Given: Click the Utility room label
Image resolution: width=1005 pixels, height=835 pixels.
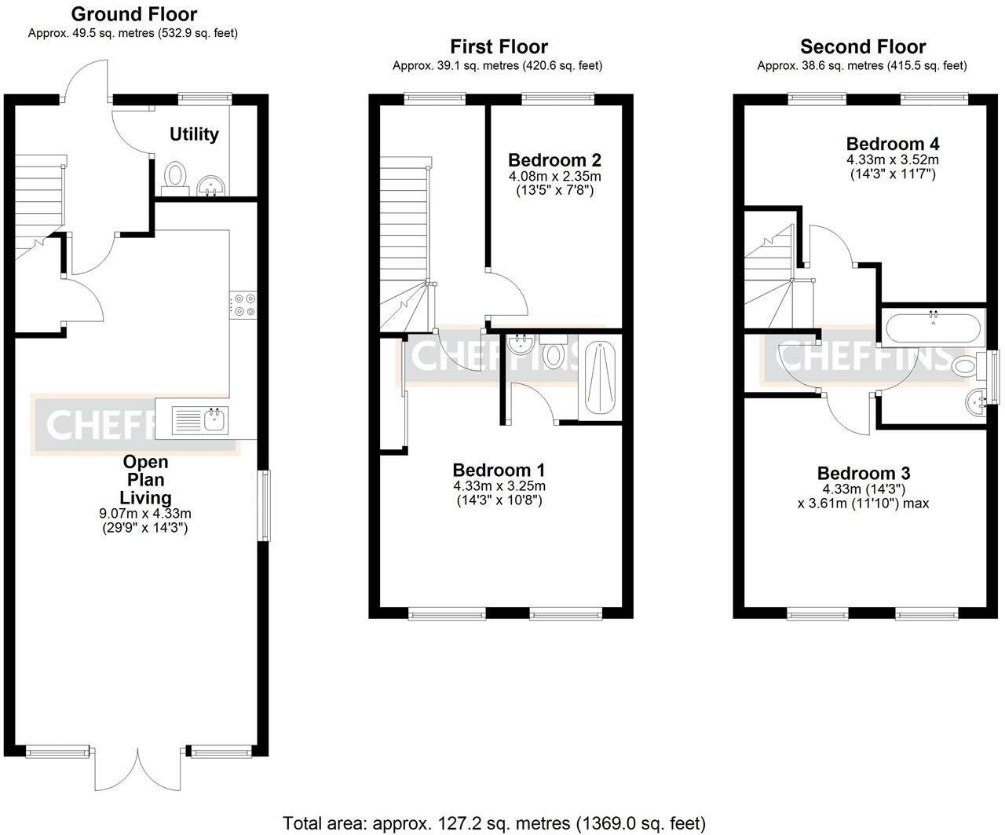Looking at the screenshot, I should [x=194, y=134].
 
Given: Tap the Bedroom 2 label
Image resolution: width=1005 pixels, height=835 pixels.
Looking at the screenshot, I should [x=554, y=160].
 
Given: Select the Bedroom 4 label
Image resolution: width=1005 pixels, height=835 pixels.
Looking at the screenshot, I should [x=892, y=144].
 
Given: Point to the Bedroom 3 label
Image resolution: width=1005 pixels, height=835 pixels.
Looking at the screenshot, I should [x=863, y=473].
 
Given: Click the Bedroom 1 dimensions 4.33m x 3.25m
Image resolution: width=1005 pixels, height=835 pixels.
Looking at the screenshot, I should [x=499, y=485].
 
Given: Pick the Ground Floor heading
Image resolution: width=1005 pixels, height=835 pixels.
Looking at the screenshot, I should [x=133, y=14].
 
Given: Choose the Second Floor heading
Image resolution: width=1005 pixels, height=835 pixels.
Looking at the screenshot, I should [x=862, y=47].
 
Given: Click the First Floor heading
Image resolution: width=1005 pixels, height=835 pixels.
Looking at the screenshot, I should [x=499, y=47].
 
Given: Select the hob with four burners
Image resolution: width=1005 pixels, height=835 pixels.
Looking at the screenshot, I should [x=243, y=305].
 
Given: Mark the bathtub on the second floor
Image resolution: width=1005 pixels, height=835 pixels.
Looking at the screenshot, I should [x=932, y=326].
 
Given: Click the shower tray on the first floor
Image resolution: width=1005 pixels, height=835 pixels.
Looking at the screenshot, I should [x=600, y=378].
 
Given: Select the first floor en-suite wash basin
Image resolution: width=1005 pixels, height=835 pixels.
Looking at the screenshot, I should [x=519, y=343].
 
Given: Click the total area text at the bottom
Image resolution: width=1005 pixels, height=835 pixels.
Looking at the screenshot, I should [x=494, y=822].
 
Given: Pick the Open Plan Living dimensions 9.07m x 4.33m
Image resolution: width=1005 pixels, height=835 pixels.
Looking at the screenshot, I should [x=145, y=514].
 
